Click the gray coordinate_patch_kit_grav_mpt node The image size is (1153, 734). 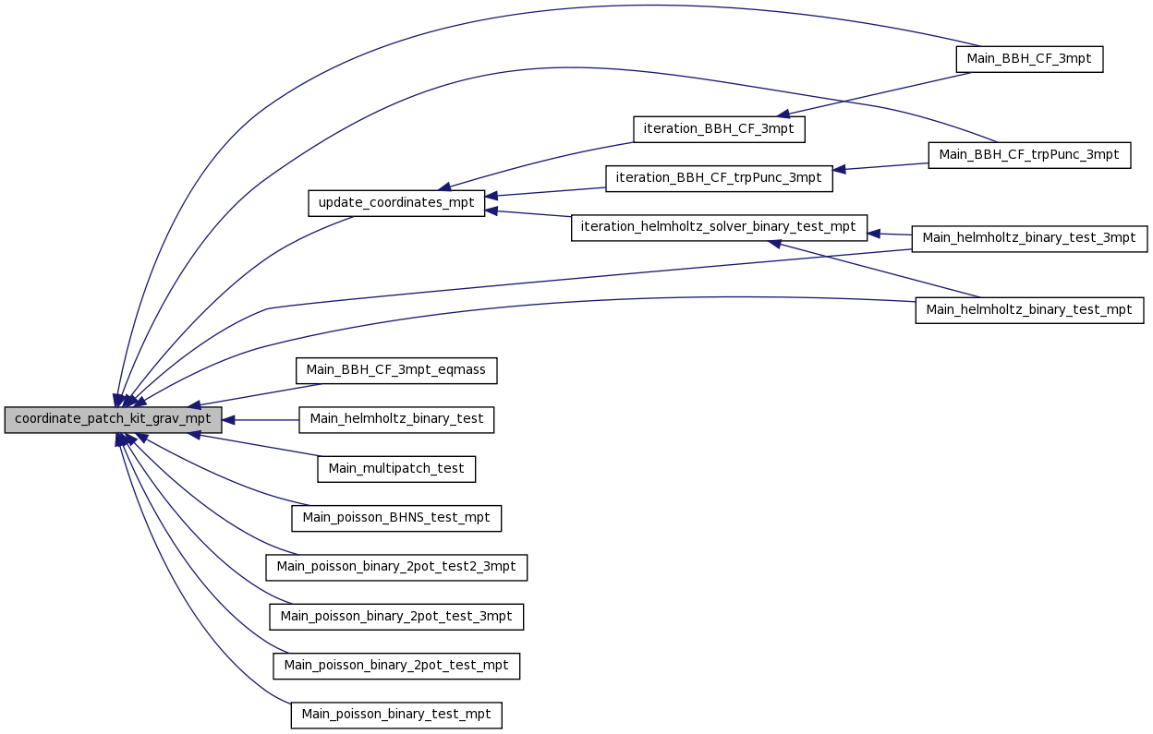coord(114,420)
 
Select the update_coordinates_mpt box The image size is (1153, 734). coord(396,203)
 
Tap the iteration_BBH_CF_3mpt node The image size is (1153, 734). coord(719,129)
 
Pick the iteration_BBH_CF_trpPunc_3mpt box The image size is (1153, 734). coord(719,178)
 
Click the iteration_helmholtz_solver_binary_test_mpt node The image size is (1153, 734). coord(719,228)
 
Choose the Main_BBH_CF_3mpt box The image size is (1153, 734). coord(1029,59)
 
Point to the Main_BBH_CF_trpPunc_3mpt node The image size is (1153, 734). coord(1029,155)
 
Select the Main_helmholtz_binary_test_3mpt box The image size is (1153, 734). coord(1029,239)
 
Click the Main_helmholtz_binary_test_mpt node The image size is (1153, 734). coord(1029,310)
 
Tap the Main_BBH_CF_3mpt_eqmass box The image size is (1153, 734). coord(396,370)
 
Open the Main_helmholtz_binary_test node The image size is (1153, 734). coord(396,420)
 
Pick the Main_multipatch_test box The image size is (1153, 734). coord(396,469)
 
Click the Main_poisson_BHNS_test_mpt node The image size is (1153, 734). coord(396,518)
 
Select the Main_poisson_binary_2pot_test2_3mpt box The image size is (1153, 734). coord(396,567)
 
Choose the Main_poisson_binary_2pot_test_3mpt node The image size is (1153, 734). coord(396,617)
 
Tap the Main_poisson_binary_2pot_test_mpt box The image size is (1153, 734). coord(396,666)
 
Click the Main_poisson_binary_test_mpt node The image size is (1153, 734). coord(396,715)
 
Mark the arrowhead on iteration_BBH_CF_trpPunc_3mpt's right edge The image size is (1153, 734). coord(839,170)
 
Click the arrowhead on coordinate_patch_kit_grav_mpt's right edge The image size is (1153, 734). coord(228,420)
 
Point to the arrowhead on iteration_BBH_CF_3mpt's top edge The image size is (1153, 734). coord(783,114)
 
